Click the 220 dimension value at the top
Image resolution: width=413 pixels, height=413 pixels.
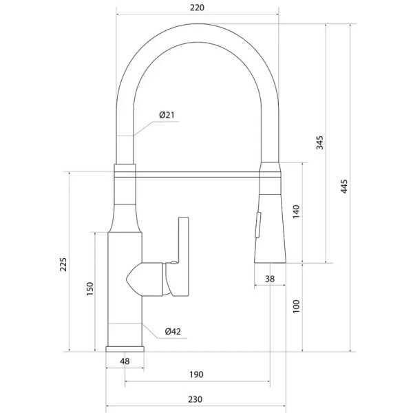coord(197,8)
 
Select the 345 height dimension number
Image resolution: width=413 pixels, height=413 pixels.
coord(319,142)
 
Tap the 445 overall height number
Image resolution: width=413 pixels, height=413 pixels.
coord(344,187)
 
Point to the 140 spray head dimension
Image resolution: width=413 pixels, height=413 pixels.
coord(296,211)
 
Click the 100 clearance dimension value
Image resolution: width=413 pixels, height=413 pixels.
coord(296,306)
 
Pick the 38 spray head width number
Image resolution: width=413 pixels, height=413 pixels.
coord(270,279)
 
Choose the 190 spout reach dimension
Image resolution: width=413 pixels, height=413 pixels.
coord(196,374)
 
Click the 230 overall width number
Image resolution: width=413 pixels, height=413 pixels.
coord(195,399)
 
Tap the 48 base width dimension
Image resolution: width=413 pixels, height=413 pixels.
coord(125,361)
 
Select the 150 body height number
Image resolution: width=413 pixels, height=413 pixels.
coord(90,288)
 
